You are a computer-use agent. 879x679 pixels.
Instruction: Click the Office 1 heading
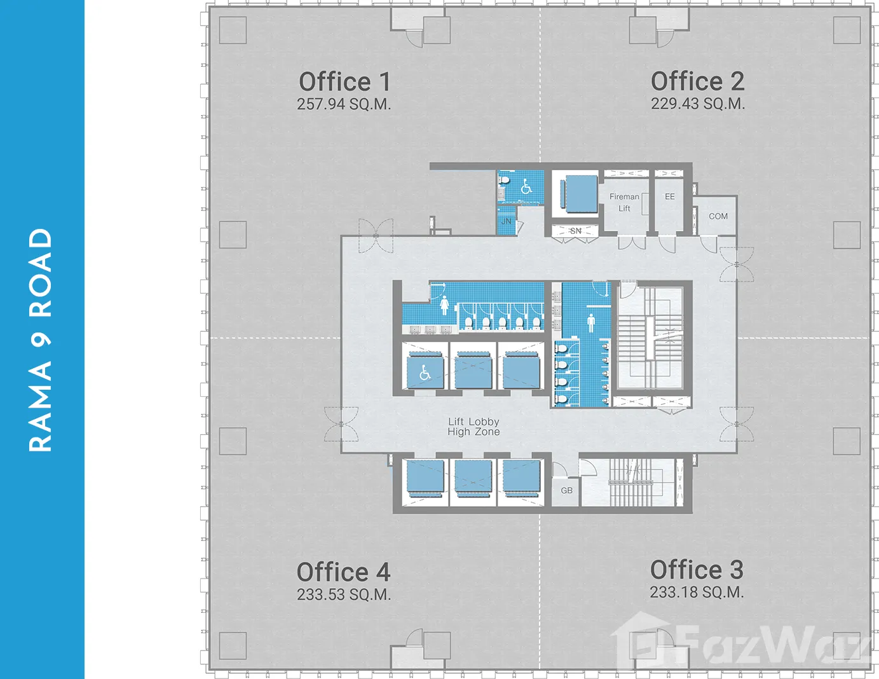344,81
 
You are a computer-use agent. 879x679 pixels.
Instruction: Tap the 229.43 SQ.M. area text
698,104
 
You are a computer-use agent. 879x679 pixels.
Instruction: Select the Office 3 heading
697,570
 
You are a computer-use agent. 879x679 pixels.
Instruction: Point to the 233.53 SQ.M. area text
344,594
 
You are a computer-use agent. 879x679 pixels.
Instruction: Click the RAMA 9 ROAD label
41,340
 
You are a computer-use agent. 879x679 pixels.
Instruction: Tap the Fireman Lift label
624,202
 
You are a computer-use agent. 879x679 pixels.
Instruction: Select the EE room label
669,196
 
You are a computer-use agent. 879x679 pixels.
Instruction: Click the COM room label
718,216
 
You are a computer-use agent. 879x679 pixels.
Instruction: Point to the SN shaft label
575,231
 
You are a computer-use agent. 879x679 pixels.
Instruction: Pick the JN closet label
506,221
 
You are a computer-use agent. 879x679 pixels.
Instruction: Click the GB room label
566,490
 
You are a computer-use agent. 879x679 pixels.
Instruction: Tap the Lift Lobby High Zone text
474,427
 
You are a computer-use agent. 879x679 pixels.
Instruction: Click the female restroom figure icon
444,305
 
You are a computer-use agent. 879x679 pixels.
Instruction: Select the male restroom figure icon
591,323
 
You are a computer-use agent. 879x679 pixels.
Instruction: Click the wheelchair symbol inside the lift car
425,373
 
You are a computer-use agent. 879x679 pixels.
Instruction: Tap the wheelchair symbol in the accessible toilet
526,186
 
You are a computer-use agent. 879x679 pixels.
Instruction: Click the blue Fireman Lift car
579,194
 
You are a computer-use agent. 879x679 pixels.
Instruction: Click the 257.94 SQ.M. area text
344,104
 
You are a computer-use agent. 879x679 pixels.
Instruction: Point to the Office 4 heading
343,572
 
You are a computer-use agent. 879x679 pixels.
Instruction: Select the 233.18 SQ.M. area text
697,592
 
